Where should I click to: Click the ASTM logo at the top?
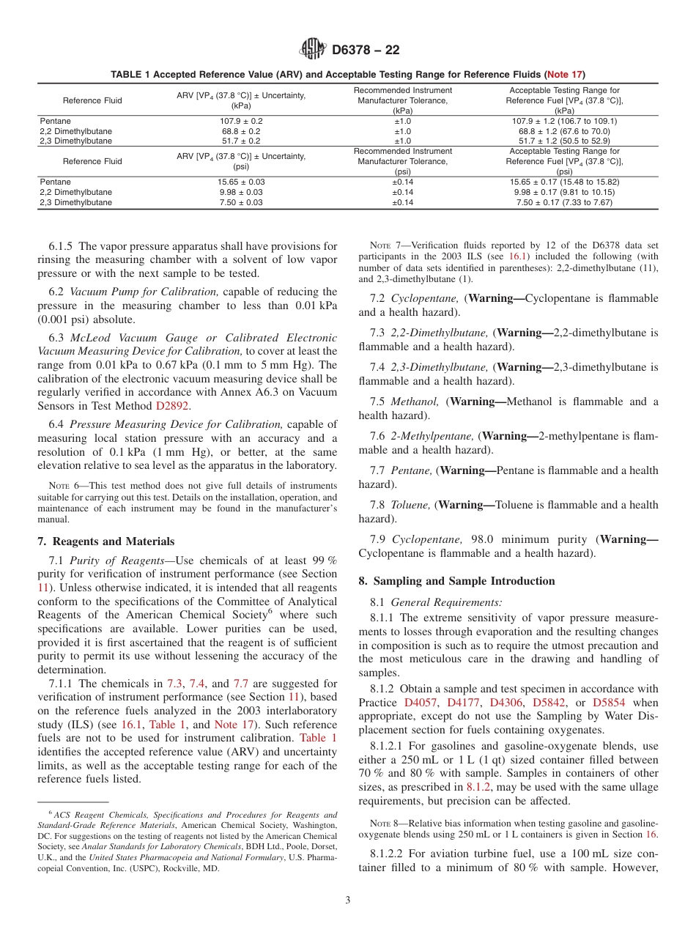coord(313,51)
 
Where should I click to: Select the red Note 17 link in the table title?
coord(564,75)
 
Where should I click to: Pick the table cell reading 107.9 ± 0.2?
coord(241,121)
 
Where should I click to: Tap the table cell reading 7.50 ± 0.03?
coord(241,202)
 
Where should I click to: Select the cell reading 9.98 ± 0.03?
coord(241,192)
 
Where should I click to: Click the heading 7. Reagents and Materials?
coord(105,541)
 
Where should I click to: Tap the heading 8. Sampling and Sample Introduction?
coord(456,581)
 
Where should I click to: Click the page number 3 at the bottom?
coord(348,900)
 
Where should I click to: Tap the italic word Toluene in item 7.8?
coord(411,505)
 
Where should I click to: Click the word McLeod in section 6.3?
coord(92,338)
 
